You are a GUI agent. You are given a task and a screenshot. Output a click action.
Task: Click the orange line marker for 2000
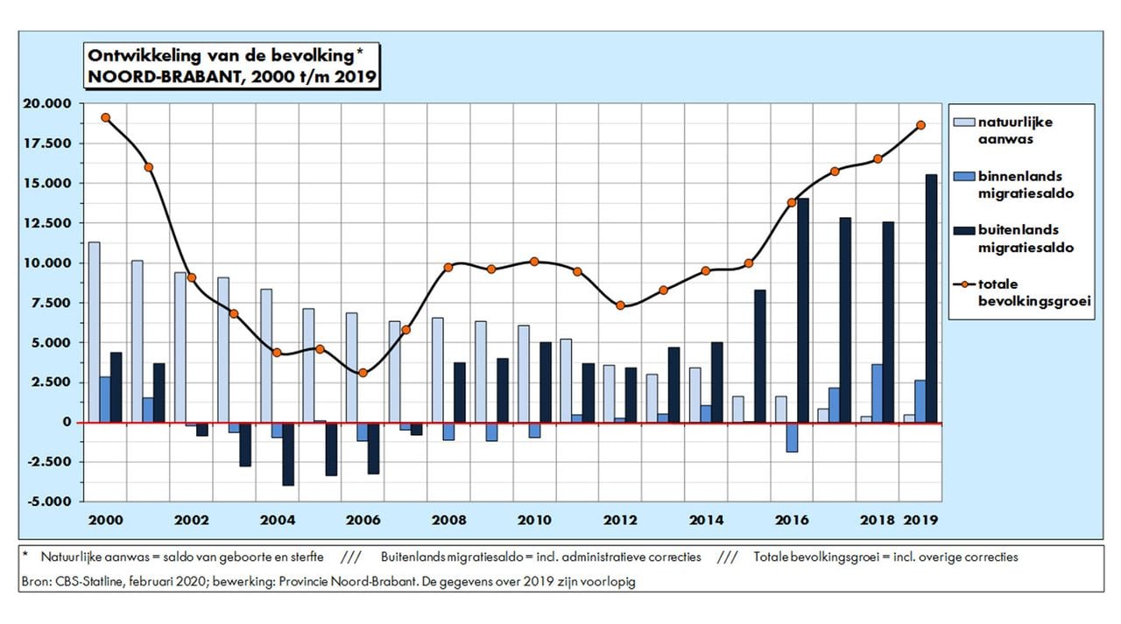pyautogui.click(x=105, y=117)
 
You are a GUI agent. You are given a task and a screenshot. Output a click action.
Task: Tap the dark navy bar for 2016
pyautogui.click(x=803, y=311)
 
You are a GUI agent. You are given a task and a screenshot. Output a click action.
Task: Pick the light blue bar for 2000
pyautogui.click(x=94, y=332)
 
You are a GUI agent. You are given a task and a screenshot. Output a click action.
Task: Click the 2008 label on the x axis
pyautogui.click(x=448, y=519)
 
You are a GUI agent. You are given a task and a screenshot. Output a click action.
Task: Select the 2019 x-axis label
pyautogui.click(x=920, y=519)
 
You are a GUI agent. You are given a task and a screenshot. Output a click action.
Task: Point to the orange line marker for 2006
pyautogui.click(x=363, y=373)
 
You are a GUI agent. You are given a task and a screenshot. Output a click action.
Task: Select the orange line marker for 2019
pyautogui.click(x=920, y=125)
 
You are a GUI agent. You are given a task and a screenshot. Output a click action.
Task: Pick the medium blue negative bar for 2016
pyautogui.click(x=791, y=437)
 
